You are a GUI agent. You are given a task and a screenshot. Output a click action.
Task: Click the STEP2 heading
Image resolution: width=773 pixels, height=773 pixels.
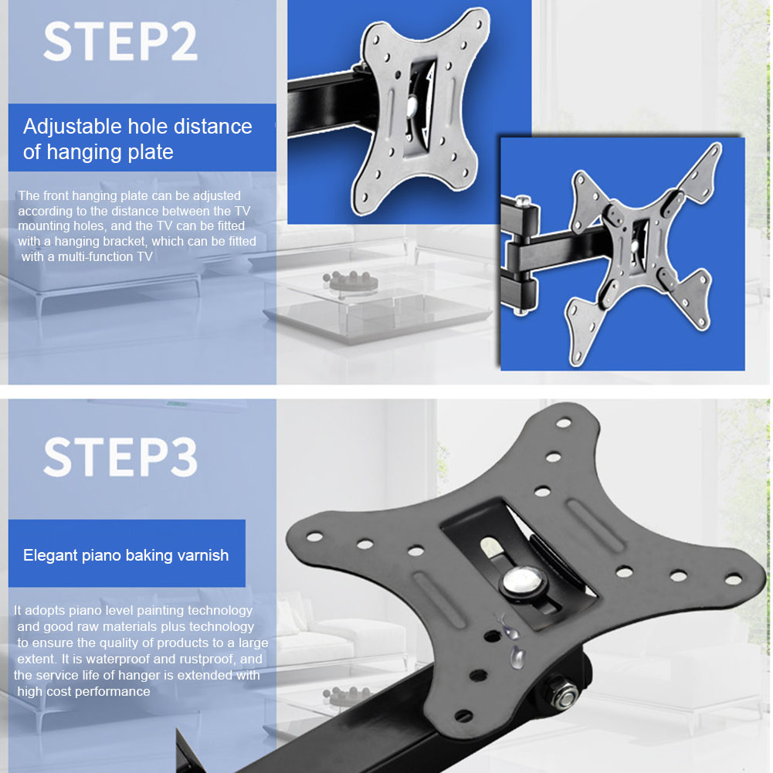tap(120, 42)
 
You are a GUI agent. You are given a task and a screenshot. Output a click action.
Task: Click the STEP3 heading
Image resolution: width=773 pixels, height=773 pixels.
tap(120, 457)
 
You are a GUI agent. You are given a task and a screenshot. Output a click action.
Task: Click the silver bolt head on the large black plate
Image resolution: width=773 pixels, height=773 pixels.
tap(514, 583)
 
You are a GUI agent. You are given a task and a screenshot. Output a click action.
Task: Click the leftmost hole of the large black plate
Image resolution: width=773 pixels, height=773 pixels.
tap(314, 534)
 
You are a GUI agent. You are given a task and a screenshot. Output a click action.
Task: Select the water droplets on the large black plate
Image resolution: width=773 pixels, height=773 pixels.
tap(511, 641)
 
